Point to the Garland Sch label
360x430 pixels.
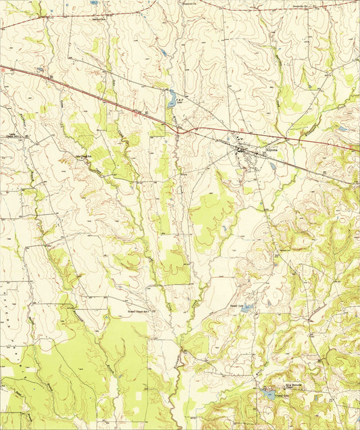(99, 19)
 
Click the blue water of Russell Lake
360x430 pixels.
(247, 308)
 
